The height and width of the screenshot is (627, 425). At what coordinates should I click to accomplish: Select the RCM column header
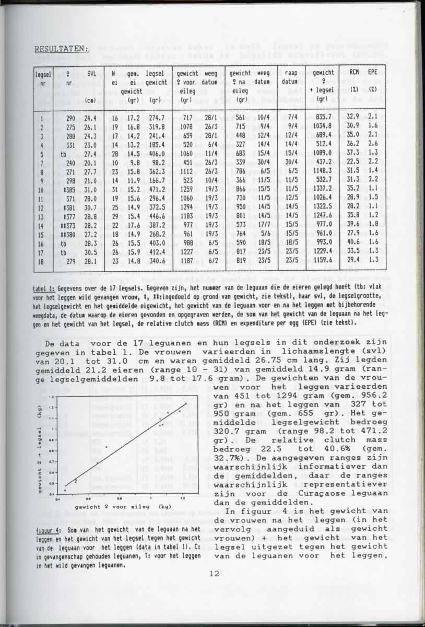pos(354,73)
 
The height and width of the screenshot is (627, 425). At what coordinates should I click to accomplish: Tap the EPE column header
pos(373,73)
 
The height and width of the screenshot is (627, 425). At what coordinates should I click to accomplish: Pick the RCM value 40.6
pos(354,242)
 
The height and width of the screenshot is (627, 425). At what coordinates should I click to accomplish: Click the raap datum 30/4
pos(292,162)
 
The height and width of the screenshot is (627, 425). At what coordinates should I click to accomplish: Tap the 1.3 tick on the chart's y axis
pos(51,397)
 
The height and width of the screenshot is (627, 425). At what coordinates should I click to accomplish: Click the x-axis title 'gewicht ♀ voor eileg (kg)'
pos(122,507)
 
